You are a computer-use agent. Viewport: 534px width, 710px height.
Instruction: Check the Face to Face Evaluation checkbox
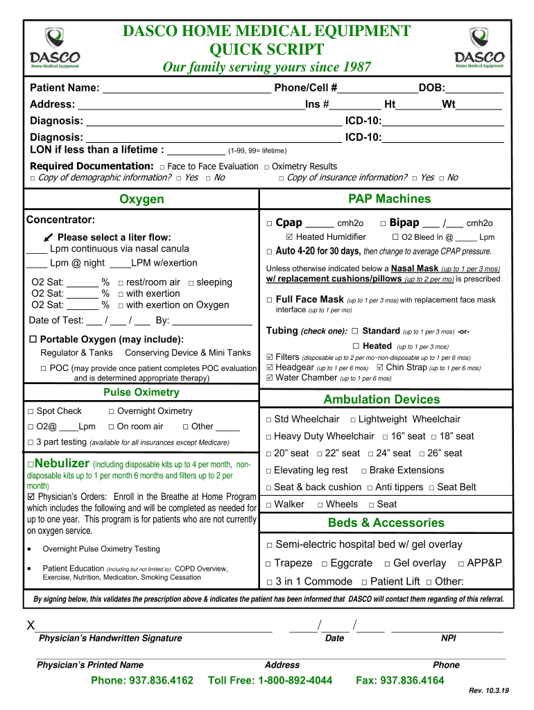pos(162,167)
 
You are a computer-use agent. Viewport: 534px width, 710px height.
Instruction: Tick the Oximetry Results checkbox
pos(267,167)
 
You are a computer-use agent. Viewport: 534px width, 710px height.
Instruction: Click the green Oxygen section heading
pos(141,200)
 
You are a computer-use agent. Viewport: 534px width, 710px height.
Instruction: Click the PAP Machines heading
pos(389,200)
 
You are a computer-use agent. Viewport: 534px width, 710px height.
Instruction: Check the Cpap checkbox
pos(269,224)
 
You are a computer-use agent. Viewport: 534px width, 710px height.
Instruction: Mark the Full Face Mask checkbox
pos(269,300)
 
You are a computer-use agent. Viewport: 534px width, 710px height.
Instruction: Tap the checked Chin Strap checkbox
pos(379,367)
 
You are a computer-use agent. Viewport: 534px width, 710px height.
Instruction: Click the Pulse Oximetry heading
pos(141,392)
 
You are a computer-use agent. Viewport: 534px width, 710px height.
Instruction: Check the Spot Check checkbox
pos(31,412)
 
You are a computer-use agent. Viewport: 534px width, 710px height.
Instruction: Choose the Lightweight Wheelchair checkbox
pos(353,419)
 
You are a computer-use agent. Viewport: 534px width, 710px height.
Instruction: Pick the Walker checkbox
pos(269,505)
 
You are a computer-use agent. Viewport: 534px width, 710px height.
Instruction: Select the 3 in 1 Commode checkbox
pos(269,582)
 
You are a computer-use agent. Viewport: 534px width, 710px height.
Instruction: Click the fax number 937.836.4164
pos(399,680)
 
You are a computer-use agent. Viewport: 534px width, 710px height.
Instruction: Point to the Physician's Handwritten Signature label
pos(110,639)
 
